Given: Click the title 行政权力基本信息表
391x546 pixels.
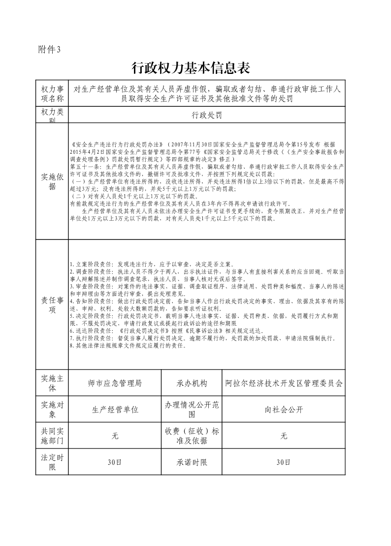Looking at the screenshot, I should pyautogui.click(x=195, y=68).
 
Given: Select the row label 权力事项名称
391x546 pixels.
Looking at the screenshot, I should pyautogui.click(x=52, y=93).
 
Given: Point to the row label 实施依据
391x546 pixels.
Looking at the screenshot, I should pyautogui.click(x=52, y=181).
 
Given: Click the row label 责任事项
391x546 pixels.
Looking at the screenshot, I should pyautogui.click(x=52, y=305).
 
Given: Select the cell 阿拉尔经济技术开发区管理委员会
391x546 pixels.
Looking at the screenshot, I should pyautogui.click(x=283, y=383).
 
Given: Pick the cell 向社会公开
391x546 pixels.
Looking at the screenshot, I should pyautogui.click(x=283, y=409).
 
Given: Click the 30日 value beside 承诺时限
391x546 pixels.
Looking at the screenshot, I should pyautogui.click(x=283, y=462).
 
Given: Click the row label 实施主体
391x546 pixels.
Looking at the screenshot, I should pyautogui.click(x=52, y=383).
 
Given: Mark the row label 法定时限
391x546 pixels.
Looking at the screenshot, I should pyautogui.click(x=52, y=462).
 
